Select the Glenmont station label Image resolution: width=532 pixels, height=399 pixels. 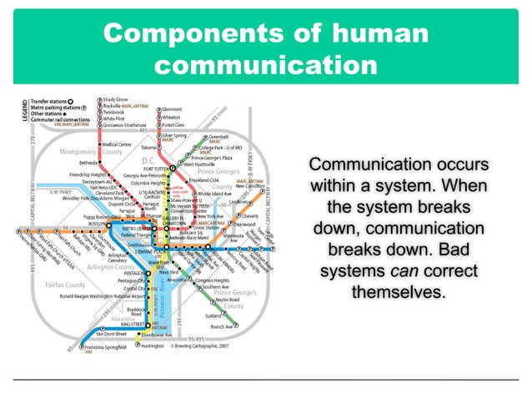(x=172, y=109)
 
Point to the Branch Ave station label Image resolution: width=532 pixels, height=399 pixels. (x=222, y=326)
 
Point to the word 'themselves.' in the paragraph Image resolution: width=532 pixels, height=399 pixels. (x=399, y=294)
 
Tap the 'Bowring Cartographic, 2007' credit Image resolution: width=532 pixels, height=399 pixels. (x=203, y=346)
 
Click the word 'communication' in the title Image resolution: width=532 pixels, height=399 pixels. (x=266, y=64)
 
